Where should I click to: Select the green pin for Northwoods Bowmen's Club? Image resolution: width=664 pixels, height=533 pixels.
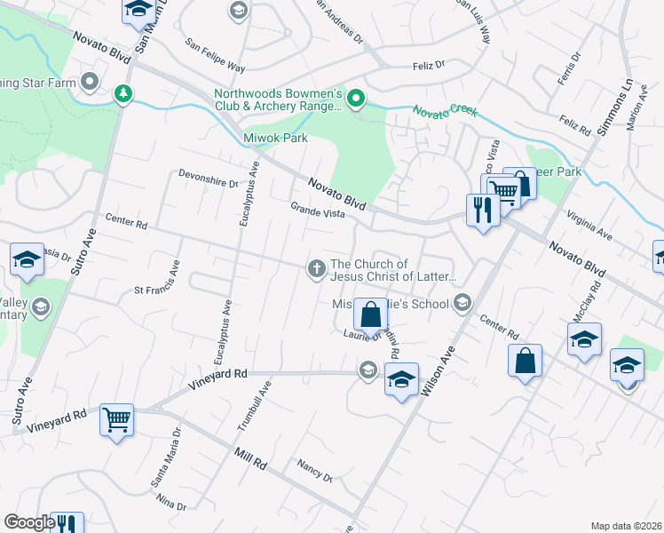[x=356, y=98]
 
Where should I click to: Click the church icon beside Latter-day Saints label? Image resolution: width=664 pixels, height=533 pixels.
[x=316, y=268]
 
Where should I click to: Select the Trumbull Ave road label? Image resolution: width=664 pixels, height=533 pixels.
[x=254, y=404]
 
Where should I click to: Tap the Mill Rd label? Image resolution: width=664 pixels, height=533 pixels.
[x=250, y=458]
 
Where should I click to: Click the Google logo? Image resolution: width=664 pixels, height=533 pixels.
[x=29, y=522]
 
